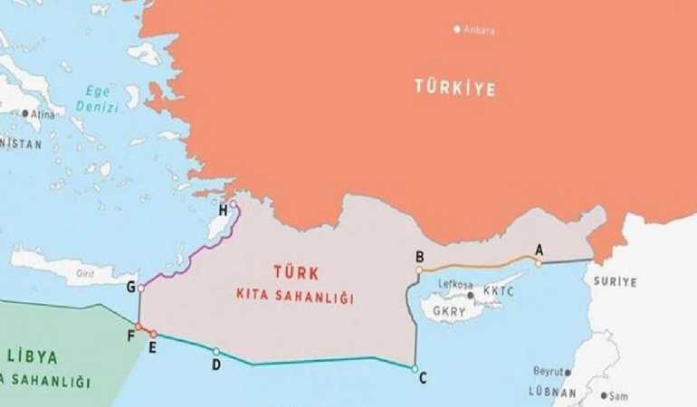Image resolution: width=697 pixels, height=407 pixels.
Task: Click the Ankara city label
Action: [479, 30]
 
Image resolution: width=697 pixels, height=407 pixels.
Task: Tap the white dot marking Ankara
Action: [457, 29]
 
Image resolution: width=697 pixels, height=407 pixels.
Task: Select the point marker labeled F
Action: [138, 327]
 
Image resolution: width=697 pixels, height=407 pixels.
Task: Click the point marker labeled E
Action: [153, 335]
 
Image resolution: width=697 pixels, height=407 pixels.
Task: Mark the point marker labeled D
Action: [215, 351]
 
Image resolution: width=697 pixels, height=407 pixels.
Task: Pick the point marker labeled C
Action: [415, 369]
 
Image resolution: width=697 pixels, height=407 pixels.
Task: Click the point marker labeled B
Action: [419, 270]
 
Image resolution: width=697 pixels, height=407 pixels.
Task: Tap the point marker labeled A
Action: [538, 263]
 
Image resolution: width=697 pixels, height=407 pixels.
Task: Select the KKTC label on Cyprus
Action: [499, 292]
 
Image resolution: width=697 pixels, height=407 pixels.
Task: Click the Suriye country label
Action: [616, 282]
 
